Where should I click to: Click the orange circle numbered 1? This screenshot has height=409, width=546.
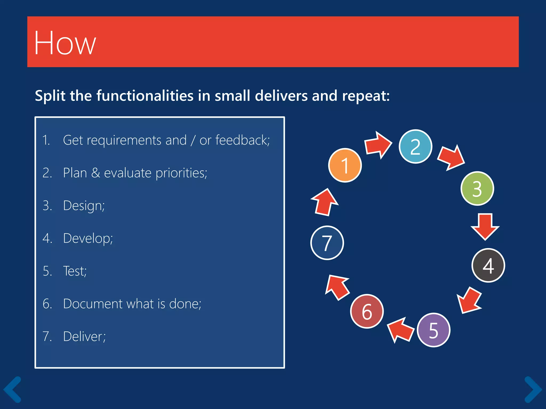point(345,165)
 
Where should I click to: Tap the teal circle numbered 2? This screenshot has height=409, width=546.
point(415,146)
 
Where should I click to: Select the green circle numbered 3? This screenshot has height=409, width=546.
point(477,189)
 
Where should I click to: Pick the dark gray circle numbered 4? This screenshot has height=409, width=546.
point(488,265)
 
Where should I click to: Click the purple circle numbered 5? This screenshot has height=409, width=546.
point(433,330)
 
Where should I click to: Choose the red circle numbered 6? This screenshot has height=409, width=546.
point(367,311)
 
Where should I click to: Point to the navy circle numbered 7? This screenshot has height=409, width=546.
point(327,243)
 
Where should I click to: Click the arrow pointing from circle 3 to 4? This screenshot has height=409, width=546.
point(485,227)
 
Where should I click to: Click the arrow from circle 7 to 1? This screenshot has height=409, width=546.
point(325,202)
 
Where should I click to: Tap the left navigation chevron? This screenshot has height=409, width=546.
point(13,389)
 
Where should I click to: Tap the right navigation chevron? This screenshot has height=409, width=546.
point(533,389)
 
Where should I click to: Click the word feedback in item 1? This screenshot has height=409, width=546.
point(242,140)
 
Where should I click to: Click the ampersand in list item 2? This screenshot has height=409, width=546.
point(95,173)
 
